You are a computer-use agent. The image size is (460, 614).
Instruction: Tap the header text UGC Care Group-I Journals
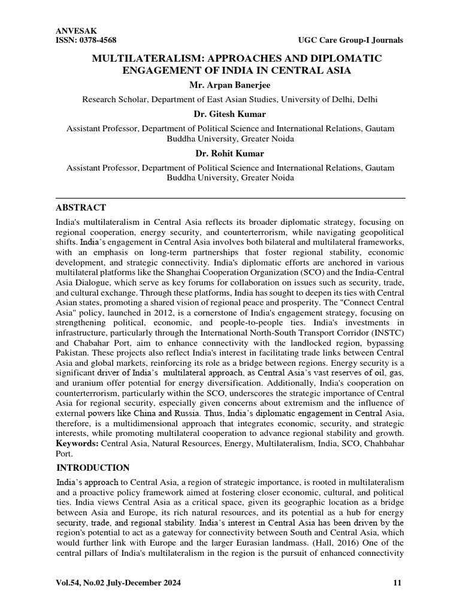(x=350, y=40)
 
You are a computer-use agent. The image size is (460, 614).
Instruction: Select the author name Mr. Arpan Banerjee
(x=230, y=86)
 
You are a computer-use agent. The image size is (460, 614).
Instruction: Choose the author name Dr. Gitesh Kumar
(x=230, y=114)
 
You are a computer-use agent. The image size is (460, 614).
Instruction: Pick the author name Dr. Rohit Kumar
(x=230, y=153)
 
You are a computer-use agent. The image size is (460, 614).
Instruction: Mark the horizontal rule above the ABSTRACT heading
(x=230, y=197)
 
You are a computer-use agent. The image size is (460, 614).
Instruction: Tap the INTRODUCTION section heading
(x=93, y=468)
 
